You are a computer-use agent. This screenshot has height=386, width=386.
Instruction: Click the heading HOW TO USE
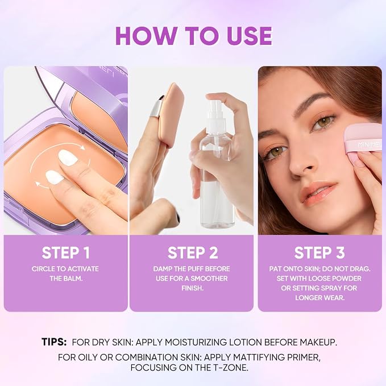[193, 36]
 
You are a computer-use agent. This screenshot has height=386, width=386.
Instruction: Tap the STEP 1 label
[66, 253]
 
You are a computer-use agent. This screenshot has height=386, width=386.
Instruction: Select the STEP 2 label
[193, 253]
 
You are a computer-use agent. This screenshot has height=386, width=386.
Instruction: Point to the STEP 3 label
[319, 253]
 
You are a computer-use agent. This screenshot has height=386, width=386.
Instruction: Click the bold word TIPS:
[54, 342]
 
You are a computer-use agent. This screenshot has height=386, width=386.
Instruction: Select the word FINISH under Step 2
[193, 288]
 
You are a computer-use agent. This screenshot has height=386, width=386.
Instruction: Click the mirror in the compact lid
[101, 121]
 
